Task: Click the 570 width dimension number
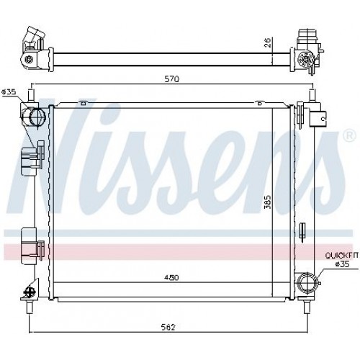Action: [171, 78]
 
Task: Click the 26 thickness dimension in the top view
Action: [267, 42]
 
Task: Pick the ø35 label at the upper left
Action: [9, 91]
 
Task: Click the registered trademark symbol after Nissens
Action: [350, 135]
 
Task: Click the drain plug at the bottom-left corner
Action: [30, 291]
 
